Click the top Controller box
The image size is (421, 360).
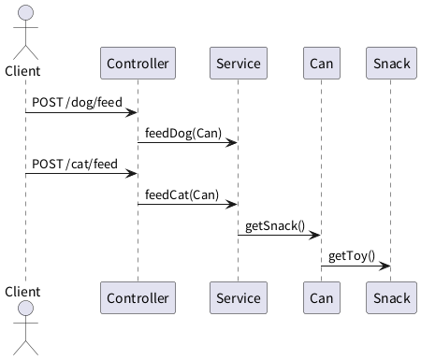[x=138, y=63]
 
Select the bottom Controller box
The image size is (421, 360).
[x=138, y=297]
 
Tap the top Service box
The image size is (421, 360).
[x=239, y=63]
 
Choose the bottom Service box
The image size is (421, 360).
[x=239, y=297]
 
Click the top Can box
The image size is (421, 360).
[x=322, y=63]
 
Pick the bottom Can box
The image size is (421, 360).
[x=322, y=297]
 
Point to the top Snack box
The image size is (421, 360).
[x=391, y=63]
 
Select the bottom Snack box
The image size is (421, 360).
[x=391, y=297]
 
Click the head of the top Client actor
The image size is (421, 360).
[x=25, y=12]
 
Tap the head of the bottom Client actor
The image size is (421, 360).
[x=25, y=309]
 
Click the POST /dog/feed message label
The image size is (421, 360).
[x=77, y=103]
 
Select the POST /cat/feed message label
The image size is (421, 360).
[x=75, y=164]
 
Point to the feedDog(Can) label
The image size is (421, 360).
[x=183, y=133]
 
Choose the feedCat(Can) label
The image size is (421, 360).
[x=181, y=194]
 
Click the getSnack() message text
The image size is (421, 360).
[x=275, y=225]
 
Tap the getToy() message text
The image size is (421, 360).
[x=352, y=256]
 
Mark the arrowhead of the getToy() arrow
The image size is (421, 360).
[x=385, y=266]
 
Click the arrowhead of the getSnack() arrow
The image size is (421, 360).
[x=314, y=235]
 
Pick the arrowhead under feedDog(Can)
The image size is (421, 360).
[x=231, y=143]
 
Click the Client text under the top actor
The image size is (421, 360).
[x=22, y=71]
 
